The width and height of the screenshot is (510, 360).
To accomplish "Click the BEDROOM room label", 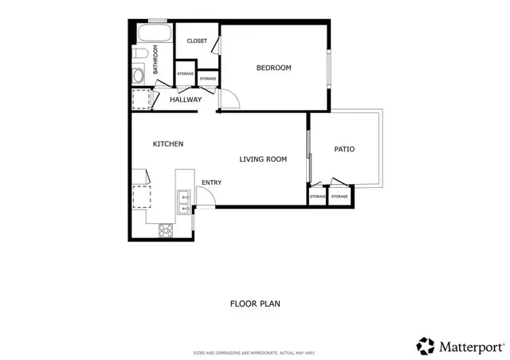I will coord(273,68).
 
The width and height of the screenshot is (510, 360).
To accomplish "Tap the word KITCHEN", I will coord(168,144).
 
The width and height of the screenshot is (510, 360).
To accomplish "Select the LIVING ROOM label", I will coord(263,159).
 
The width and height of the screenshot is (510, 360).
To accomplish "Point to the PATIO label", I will coord(344,149).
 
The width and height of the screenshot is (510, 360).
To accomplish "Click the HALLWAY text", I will coord(186,100).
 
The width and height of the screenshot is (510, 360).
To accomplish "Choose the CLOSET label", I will coord(197,41).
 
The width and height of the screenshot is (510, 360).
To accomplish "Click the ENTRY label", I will coord(211,182).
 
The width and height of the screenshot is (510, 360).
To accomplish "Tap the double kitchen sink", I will coord(183,202).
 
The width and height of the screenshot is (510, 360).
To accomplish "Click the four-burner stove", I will coord(167,231).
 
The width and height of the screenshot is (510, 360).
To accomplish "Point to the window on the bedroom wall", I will coord(329,68).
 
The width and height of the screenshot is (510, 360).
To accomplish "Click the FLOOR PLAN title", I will coord(255,303).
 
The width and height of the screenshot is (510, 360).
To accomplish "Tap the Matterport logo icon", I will coord(426,346).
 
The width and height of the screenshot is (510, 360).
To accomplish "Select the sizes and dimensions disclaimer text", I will coord(255,353).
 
